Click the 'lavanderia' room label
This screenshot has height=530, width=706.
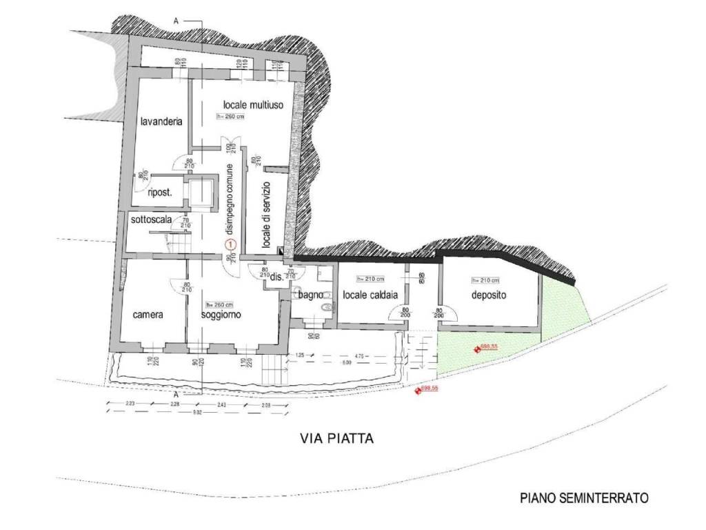[161, 122]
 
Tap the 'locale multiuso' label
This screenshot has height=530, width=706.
[250, 104]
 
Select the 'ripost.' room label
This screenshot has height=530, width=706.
[159, 193]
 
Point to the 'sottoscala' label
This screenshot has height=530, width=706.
[151, 219]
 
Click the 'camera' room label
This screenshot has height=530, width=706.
[148, 315]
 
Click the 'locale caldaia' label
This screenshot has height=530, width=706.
[370, 295]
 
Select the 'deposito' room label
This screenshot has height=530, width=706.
[489, 295]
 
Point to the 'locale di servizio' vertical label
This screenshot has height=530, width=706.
[267, 216]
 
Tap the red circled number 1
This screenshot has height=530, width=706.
[231, 244]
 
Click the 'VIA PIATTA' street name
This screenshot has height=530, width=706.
[337, 438]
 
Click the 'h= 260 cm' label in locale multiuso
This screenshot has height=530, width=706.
[231, 117]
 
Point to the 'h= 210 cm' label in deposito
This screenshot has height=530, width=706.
[485, 280]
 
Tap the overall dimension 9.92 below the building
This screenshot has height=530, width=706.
[197, 412]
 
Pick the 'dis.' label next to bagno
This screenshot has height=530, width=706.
[276, 277]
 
